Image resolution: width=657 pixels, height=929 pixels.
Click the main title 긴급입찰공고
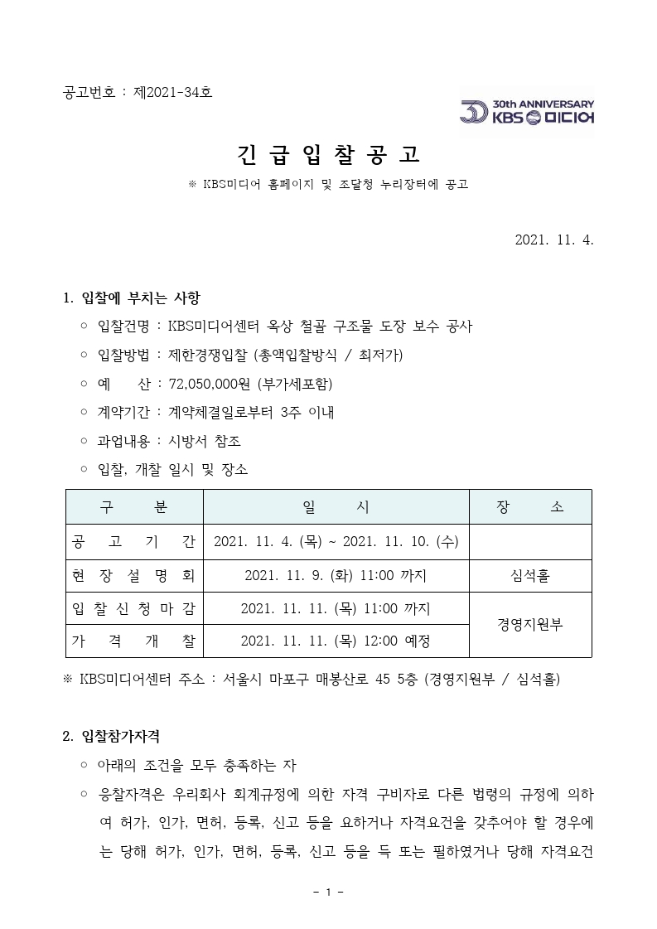(328, 154)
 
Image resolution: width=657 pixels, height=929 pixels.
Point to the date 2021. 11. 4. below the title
(554, 240)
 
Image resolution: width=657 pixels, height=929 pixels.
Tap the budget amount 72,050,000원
(210, 384)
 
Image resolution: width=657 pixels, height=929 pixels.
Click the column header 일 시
(336, 507)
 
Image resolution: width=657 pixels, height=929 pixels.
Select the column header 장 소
(530, 507)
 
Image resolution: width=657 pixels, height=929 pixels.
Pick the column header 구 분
(134, 507)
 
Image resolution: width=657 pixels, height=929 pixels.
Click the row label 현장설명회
(134, 576)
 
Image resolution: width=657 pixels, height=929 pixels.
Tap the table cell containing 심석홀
(530, 576)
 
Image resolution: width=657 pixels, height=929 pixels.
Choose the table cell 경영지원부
(530, 625)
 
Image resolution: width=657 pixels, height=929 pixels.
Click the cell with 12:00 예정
(336, 641)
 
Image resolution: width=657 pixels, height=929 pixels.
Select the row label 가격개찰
(134, 641)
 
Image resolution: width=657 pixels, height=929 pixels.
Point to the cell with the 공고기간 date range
(336, 543)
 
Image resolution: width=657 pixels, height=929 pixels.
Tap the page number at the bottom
(328, 893)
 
